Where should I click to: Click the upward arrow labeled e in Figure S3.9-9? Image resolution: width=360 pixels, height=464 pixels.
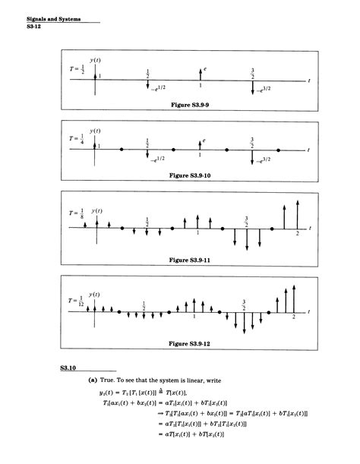(200, 73)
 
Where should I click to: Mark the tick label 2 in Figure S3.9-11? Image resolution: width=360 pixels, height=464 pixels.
(297, 234)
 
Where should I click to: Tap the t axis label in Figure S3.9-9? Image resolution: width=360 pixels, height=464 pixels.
(310, 79)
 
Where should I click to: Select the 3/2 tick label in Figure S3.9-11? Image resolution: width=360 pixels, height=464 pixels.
(245, 221)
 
